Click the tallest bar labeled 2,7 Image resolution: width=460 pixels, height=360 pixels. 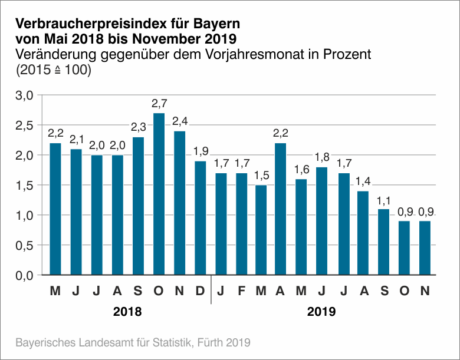point(159,194)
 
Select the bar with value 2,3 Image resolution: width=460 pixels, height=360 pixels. point(138,206)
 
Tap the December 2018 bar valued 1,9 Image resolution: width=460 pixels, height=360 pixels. point(200,218)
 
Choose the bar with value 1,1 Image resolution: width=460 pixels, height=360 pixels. point(383,242)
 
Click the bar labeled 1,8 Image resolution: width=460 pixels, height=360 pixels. point(321,221)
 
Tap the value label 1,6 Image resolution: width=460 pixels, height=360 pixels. point(301,170)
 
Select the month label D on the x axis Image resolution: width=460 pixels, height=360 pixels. point(200,291)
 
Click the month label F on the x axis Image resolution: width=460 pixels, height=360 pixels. point(241,291)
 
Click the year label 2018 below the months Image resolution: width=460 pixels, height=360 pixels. point(127,312)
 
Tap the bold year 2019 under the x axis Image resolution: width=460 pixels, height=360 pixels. point(321,312)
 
